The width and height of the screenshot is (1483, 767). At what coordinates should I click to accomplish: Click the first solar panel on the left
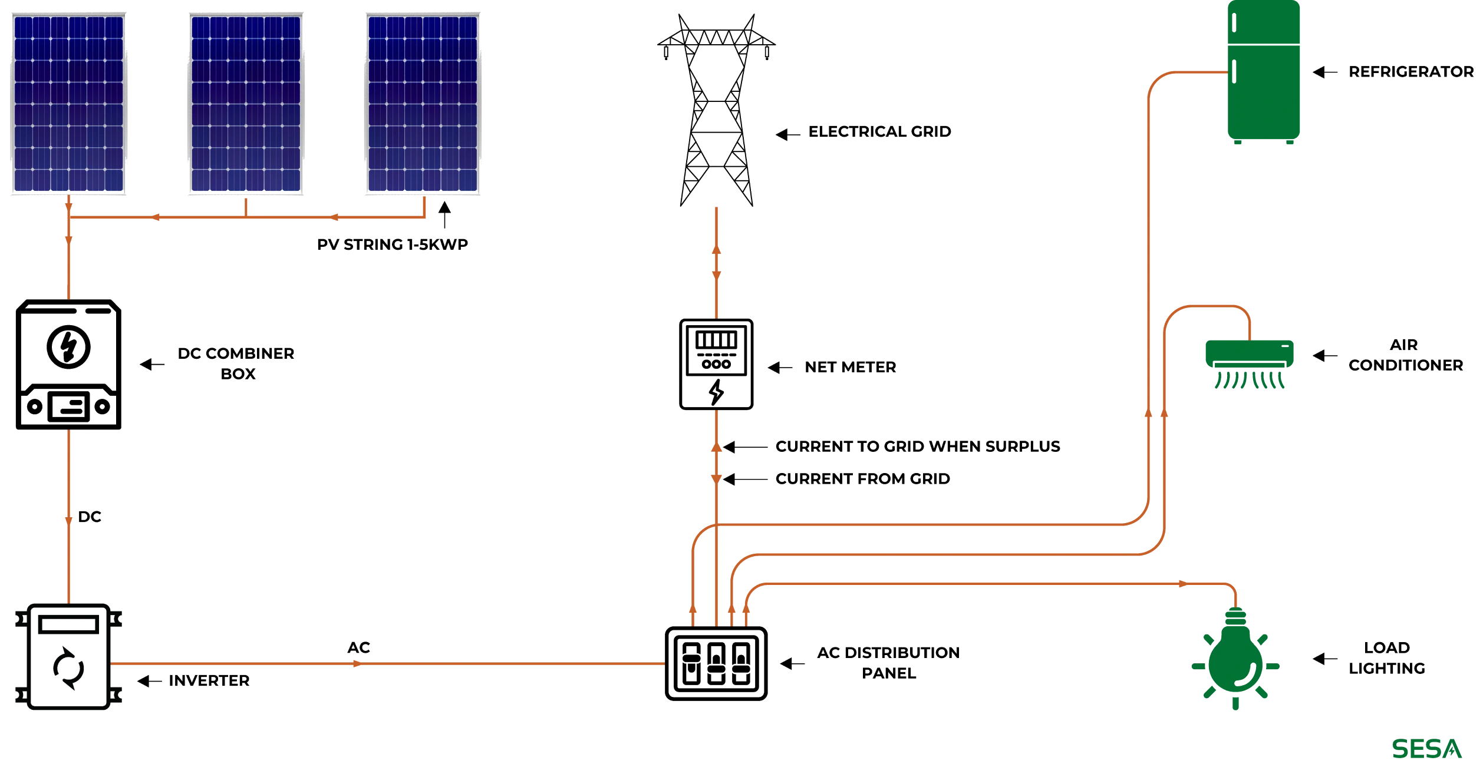[68, 103]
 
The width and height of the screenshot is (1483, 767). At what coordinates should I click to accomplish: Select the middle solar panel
[245, 103]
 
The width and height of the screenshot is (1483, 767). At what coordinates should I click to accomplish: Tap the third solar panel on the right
[422, 103]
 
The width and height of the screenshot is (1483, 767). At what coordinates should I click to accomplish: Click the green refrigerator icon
[1263, 72]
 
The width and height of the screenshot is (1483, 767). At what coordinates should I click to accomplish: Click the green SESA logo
[1426, 748]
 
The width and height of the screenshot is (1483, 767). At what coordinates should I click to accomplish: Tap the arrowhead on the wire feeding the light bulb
[1182, 584]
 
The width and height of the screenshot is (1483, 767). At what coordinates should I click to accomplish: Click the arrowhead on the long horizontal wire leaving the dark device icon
[355, 664]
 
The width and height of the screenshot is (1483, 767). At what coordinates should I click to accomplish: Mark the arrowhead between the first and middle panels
[157, 217]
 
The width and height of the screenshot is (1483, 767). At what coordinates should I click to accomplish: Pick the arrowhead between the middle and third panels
[335, 217]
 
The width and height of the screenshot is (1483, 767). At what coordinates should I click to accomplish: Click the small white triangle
[823, 652]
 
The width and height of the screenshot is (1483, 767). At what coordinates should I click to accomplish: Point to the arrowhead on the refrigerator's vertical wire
[1148, 414]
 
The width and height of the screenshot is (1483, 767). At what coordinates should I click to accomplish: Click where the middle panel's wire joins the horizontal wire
[245, 217]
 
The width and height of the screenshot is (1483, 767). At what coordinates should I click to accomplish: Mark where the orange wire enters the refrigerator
[1227, 72]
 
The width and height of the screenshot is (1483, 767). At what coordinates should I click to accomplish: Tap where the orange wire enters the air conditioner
[1249, 339]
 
